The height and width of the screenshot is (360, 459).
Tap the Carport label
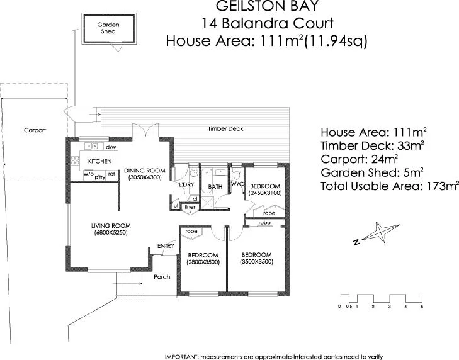coord(35,130)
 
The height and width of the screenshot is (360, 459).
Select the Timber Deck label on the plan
coord(225,128)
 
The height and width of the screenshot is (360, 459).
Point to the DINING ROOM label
coord(144,171)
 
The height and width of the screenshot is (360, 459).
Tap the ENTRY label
coord(166,245)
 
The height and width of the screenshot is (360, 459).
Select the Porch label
coord(162,276)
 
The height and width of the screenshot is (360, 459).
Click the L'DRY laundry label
coord(186,184)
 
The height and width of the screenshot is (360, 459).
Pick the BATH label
coord(216,186)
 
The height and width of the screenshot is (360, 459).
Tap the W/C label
coord(237,184)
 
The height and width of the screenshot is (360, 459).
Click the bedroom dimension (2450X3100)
coord(265,193)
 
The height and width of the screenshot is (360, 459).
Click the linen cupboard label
coord(191,207)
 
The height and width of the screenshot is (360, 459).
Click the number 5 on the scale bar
coord(422,307)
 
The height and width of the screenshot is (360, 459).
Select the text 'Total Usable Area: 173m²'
coord(389,186)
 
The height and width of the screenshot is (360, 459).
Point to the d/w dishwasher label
coord(111,147)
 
